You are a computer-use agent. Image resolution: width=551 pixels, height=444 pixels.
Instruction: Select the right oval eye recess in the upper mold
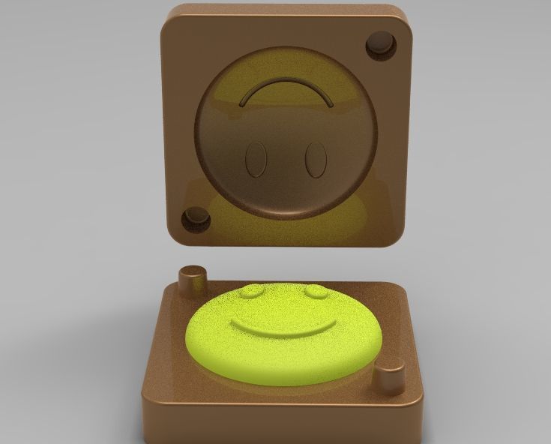316,160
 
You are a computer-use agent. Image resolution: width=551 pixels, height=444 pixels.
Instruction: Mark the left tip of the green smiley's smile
233,322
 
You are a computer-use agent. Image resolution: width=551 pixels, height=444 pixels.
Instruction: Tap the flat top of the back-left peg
193,271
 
